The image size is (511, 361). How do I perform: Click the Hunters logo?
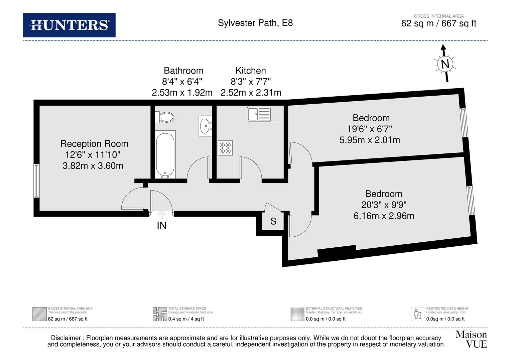[x=69, y=25]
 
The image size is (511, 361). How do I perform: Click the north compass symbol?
[x=445, y=64]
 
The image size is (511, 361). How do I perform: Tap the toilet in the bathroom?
[x=165, y=117]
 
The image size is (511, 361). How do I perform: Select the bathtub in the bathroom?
[x=165, y=154]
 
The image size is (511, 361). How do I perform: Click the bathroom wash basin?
[x=205, y=126]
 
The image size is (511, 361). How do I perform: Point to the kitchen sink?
[x=259, y=114]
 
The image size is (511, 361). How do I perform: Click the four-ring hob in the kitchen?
[x=225, y=148]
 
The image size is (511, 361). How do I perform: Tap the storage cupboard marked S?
[x=273, y=221]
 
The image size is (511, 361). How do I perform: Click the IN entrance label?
[x=162, y=226]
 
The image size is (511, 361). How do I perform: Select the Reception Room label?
[x=94, y=144]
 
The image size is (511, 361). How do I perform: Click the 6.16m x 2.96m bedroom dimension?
[x=384, y=216]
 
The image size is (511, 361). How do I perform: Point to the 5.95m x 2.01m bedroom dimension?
[x=370, y=140]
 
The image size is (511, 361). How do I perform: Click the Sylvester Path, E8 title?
[x=255, y=23]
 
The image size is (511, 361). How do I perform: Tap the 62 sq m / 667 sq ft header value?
[x=438, y=24]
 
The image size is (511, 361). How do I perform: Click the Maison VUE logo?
[x=471, y=339]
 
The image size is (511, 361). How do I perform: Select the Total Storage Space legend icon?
[x=160, y=314]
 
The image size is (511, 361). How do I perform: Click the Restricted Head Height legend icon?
[x=417, y=314]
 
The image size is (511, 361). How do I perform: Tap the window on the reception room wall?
[x=37, y=180]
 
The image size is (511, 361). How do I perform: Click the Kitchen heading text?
[x=251, y=71]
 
